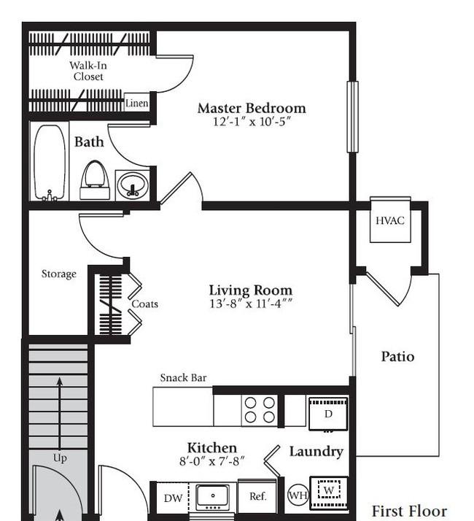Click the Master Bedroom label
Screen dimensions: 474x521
click(x=252, y=108)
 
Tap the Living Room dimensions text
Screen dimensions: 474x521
click(x=251, y=304)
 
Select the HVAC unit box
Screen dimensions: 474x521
click(x=390, y=220)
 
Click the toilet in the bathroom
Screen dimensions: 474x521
click(x=95, y=180)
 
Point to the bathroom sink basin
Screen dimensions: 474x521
click(x=133, y=186)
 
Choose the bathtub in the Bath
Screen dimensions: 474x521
click(x=50, y=162)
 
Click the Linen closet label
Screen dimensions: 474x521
click(x=136, y=104)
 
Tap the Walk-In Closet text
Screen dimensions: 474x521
click(x=88, y=71)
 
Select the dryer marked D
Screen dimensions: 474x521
click(x=328, y=413)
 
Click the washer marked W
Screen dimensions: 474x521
click(x=329, y=493)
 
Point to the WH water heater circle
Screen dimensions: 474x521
click(x=298, y=495)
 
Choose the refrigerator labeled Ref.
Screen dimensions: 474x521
click(x=257, y=496)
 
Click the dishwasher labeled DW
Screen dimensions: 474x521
click(x=173, y=498)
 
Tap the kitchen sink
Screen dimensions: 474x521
click(x=213, y=497)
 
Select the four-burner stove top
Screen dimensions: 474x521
click(x=260, y=410)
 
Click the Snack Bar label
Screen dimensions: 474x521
click(x=183, y=378)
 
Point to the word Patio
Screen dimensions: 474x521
click(x=397, y=357)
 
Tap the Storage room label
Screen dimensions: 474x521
click(x=59, y=274)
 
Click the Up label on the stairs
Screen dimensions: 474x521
click(x=60, y=458)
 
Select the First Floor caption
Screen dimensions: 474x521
click(x=409, y=511)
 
